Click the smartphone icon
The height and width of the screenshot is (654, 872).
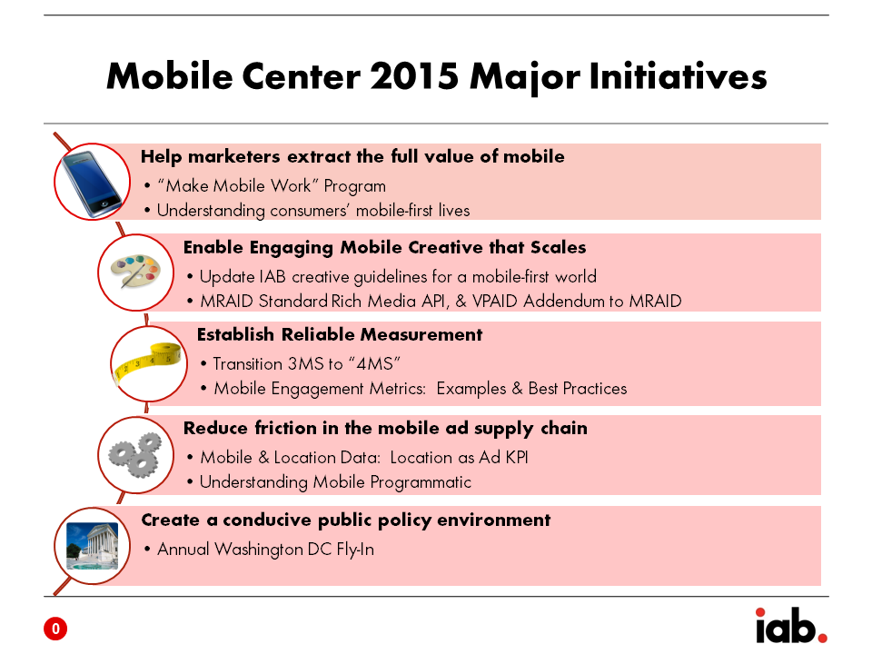(x=91, y=183)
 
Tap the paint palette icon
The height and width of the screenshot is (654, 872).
(x=135, y=271)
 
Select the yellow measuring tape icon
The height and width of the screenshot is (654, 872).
(x=147, y=362)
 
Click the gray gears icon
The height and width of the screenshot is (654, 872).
(x=135, y=455)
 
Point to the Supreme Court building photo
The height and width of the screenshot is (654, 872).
(x=93, y=546)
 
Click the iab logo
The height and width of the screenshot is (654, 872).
(x=791, y=626)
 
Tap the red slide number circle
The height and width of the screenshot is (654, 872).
(x=55, y=629)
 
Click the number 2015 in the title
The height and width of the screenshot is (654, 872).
(x=414, y=75)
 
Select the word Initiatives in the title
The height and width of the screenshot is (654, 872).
(x=678, y=75)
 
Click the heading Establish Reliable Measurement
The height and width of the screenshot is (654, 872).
(x=340, y=335)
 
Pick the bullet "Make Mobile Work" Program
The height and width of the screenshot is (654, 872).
(x=272, y=186)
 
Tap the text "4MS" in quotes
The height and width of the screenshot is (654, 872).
(x=374, y=363)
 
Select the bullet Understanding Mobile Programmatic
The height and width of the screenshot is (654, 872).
(x=335, y=482)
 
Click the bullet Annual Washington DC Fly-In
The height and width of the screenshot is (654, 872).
(x=266, y=550)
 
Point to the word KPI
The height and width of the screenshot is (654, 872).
(x=517, y=457)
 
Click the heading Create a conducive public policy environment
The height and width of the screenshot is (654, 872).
(x=346, y=520)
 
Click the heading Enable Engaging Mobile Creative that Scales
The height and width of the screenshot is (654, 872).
(x=385, y=247)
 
